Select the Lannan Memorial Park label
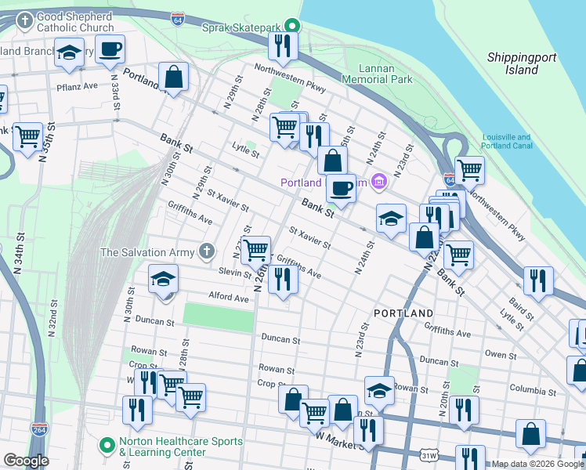pyautogui.click(x=379, y=74)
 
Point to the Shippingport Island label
pyautogui.click(x=512, y=63)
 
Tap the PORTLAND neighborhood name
pyautogui.click(x=403, y=313)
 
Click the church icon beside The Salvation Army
pyautogui.click(x=206, y=251)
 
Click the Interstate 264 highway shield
pyautogui.click(x=38, y=430)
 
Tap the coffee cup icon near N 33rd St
pyautogui.click(x=110, y=49)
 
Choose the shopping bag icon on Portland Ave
pyautogui.click(x=173, y=77)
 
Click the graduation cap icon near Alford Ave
pyautogui.click(x=163, y=279)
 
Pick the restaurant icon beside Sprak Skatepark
pyautogui.click(x=282, y=45)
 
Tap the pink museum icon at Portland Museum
pyautogui.click(x=379, y=183)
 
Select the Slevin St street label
pyautogui.click(x=234, y=271)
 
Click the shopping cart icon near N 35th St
pyautogui.click(x=27, y=136)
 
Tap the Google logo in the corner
pyautogui.click(x=26, y=461)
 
